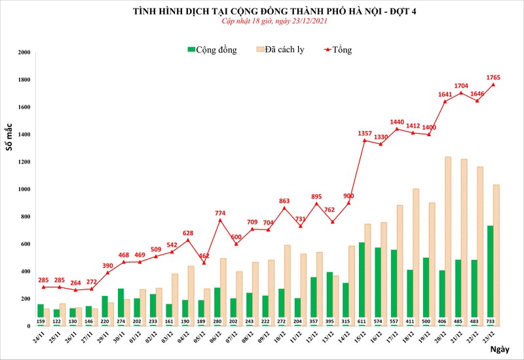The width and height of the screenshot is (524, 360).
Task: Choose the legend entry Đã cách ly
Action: point(282,50)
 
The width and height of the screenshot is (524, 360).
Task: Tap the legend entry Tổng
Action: point(337,50)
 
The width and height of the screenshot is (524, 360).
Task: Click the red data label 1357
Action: point(365,134)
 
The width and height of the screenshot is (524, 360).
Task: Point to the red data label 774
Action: point(221,213)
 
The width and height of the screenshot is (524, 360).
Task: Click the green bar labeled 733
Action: point(489,275)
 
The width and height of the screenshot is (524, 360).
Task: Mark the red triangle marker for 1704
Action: point(461,92)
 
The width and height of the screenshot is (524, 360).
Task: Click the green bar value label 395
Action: point(257,321)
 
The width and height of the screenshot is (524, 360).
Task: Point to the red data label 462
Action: point(204,255)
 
